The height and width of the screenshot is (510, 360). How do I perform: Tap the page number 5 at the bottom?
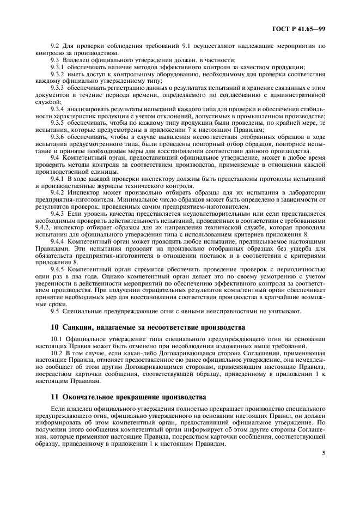323,452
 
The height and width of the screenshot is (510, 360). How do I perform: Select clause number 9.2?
54,47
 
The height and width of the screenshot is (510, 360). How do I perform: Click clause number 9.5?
54,311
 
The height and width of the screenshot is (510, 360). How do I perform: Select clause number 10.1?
56,338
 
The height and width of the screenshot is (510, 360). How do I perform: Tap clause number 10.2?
56,353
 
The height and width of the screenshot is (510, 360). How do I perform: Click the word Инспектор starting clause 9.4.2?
82,193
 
